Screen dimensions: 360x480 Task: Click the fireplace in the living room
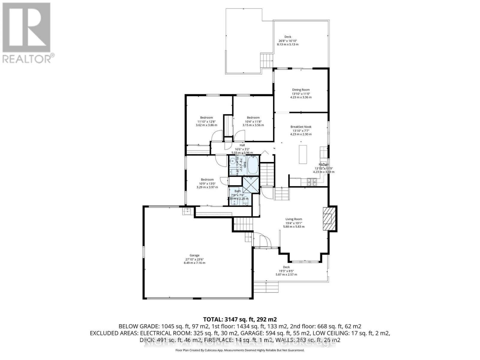pyautogui.click(x=329, y=218)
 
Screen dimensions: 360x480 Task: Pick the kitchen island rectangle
pyautogui.click(x=303, y=154)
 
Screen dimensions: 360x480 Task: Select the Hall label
pyautogui.click(x=242, y=145)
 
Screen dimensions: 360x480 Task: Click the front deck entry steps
pyautogui.click(x=266, y=287)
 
